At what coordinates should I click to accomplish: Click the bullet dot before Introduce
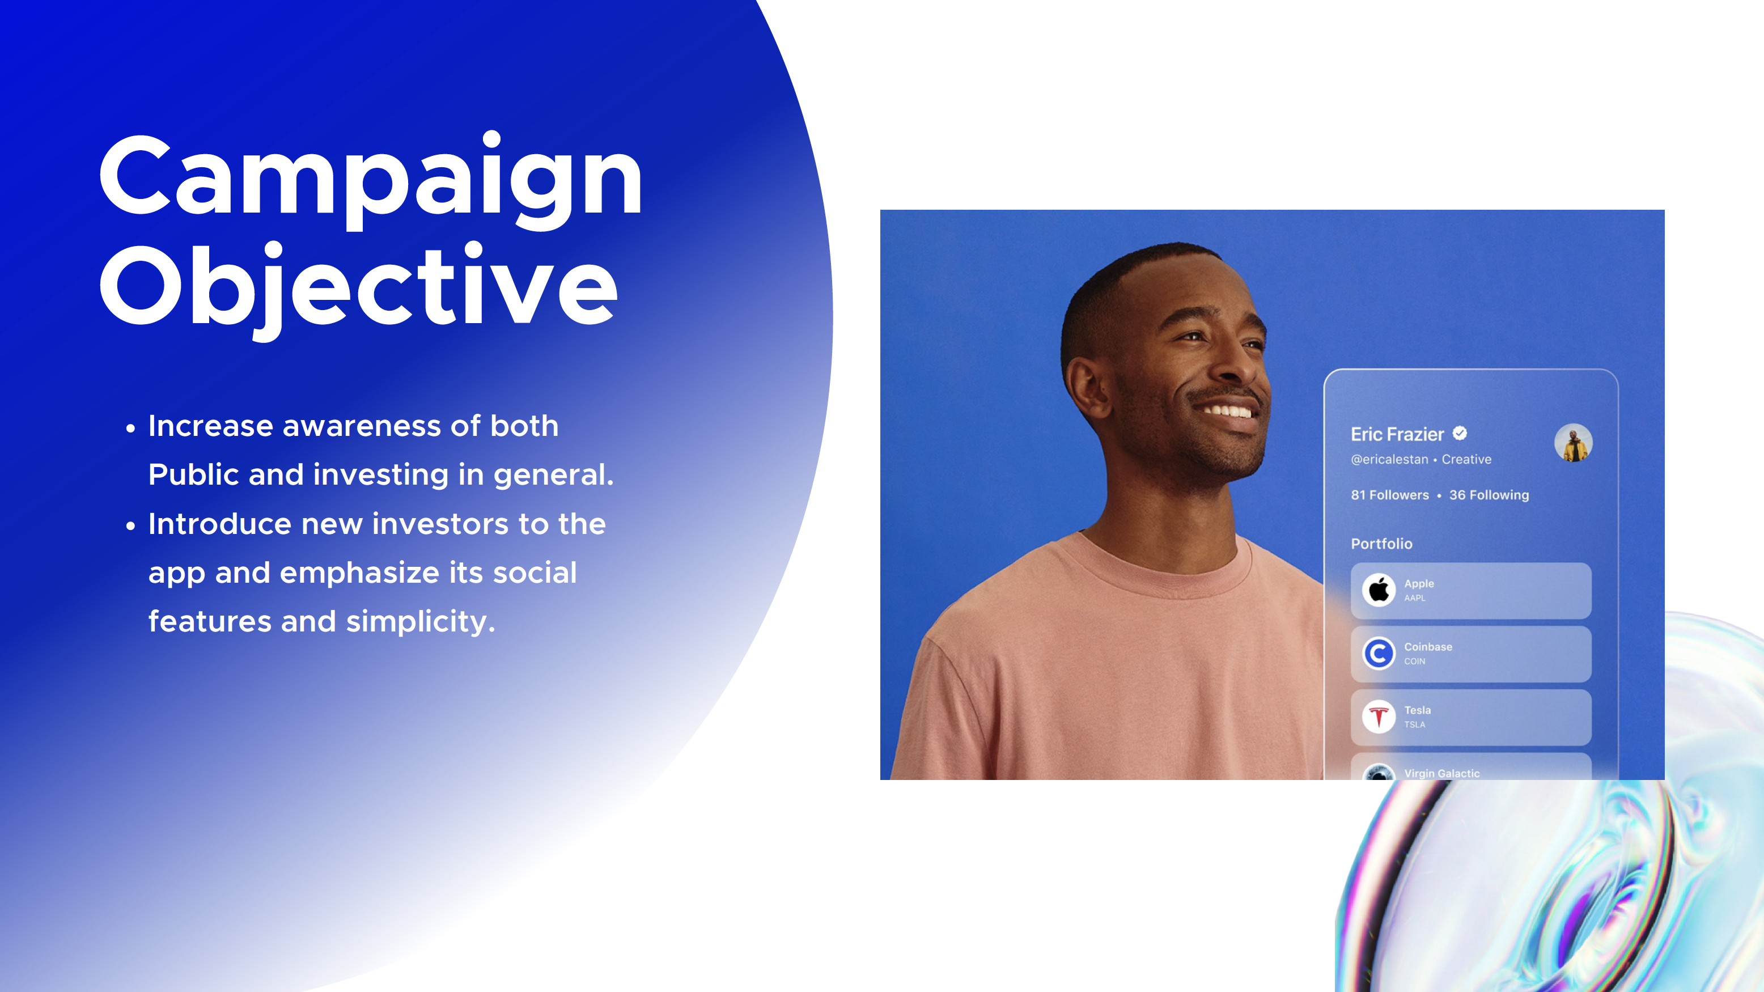point(131,527)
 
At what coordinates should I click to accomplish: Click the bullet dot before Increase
point(131,429)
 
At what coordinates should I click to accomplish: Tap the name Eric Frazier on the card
point(1397,434)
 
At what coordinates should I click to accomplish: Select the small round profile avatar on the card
point(1573,443)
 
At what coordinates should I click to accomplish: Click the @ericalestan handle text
point(1389,459)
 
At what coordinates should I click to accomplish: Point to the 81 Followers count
point(1389,495)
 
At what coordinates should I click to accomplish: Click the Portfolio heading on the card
point(1381,544)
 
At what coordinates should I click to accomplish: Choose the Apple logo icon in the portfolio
point(1379,590)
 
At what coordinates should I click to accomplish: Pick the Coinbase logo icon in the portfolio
point(1379,653)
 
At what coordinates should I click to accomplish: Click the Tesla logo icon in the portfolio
point(1379,717)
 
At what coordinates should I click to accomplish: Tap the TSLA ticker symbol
point(1414,724)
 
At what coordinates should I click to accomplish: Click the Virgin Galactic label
point(1441,773)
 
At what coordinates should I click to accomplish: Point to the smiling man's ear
point(1089,387)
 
